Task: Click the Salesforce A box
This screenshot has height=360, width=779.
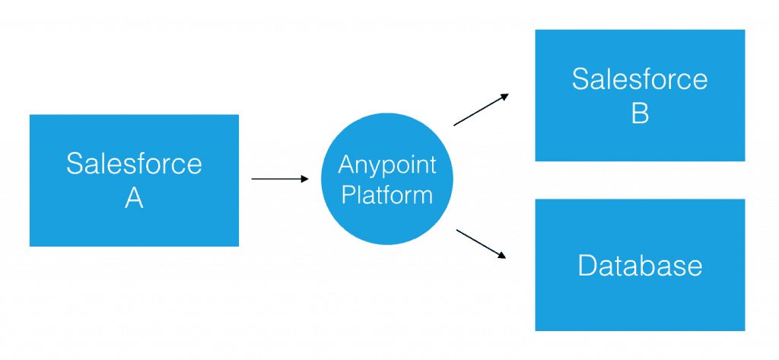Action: point(134,180)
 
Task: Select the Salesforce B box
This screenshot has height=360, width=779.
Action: point(640,95)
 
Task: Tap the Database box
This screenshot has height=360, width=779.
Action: point(640,265)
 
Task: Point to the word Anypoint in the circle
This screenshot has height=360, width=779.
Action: point(387,164)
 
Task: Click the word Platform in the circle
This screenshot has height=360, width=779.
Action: point(387,195)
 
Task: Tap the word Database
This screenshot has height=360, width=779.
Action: point(640,265)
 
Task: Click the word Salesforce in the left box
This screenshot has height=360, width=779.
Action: point(134,164)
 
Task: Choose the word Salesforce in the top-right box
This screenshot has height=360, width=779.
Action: point(640,79)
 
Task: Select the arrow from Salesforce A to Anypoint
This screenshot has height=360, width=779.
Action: point(280,179)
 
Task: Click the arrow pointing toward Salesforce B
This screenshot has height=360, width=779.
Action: point(481,110)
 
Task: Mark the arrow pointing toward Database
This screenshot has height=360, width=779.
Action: point(481,244)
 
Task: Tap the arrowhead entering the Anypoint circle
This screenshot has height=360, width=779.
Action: point(305,179)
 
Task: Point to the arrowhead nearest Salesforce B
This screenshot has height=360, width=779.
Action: point(504,97)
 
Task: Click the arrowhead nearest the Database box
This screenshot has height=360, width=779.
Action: point(502,256)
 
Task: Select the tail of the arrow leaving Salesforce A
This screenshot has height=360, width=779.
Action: point(253,179)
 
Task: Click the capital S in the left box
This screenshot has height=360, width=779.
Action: point(74,164)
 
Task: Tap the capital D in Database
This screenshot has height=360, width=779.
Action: point(587,265)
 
